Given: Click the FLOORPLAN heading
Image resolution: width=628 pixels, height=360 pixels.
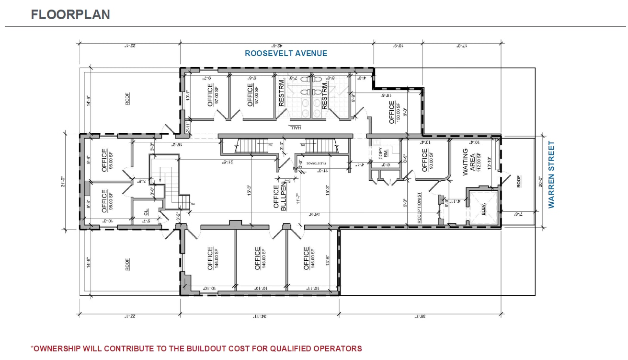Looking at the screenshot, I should (x=70, y=14).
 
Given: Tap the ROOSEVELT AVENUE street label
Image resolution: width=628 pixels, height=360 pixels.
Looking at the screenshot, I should (x=286, y=54).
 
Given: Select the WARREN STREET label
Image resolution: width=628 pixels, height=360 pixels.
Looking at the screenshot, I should (x=551, y=174).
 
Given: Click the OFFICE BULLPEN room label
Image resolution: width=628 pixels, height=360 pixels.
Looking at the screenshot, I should (x=280, y=197).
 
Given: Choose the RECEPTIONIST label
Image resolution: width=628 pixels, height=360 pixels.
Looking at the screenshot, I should (x=419, y=208).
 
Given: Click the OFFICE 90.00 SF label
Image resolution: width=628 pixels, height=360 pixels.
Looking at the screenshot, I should (x=428, y=160).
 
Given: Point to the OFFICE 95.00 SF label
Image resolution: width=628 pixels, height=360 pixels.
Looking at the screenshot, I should (x=108, y=201).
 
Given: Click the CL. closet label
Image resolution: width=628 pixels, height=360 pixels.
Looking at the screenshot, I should (x=146, y=212).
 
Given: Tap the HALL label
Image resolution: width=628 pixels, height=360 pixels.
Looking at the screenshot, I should (x=295, y=127).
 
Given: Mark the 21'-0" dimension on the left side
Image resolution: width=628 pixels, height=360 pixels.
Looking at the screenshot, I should (x=64, y=182).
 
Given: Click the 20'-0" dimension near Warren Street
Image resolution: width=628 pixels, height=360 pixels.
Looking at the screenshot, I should (x=540, y=182).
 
